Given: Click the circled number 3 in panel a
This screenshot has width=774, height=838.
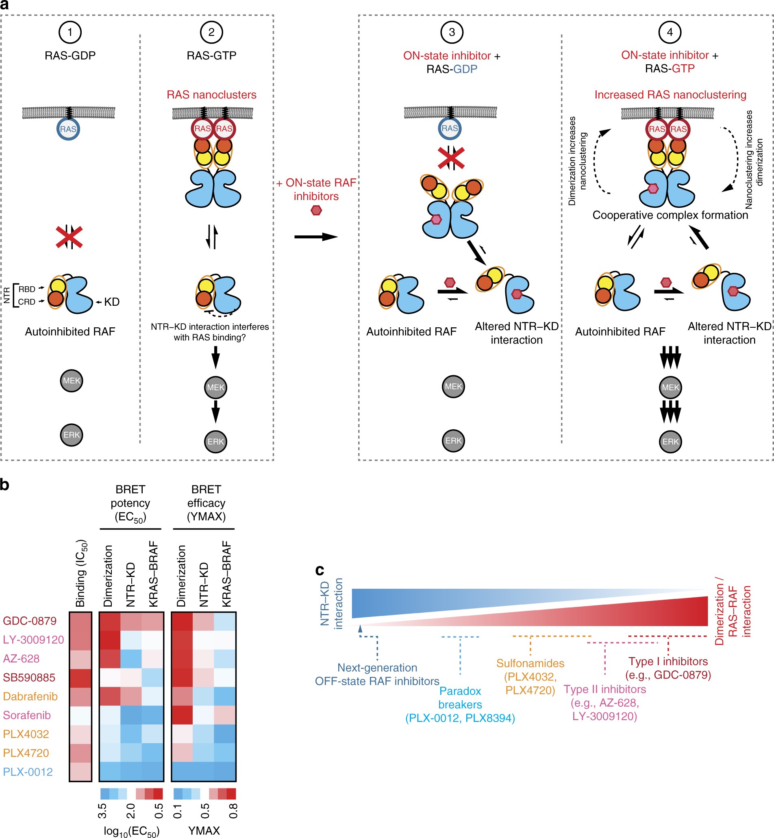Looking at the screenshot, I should point(452,32).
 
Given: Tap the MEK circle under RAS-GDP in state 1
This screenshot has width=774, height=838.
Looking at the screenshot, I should point(71,381).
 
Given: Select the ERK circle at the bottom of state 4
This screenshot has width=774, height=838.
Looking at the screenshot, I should point(670,441).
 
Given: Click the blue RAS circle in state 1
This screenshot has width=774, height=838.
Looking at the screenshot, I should point(68,129).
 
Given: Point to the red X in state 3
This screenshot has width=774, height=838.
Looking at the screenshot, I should point(451,157).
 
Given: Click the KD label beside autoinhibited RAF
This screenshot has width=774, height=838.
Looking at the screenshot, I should point(111,302).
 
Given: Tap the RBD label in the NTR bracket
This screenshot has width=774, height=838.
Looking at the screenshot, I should point(27,289).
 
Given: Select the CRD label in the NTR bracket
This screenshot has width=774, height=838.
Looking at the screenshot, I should point(27,302).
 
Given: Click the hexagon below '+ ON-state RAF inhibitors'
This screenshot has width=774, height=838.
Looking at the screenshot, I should point(316,210).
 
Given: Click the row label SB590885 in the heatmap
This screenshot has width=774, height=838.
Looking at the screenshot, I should point(29,677).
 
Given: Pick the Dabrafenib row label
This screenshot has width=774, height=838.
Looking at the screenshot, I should point(30,697).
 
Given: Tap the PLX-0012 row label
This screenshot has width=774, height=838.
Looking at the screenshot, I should point(28,772).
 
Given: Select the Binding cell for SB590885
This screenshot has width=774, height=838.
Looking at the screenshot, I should point(80,677).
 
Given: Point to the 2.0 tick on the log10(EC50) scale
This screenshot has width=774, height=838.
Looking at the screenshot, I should point(130,811).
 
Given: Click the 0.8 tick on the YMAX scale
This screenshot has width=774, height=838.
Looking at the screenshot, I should point(233,811).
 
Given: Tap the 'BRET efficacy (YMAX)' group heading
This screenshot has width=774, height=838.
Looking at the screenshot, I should point(206,503).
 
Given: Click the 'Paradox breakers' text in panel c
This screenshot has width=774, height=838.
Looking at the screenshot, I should point(460,698).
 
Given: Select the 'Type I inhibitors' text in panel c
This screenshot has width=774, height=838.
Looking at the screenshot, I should point(668,661).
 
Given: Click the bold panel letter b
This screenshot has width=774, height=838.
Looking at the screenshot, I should point(4,485).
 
